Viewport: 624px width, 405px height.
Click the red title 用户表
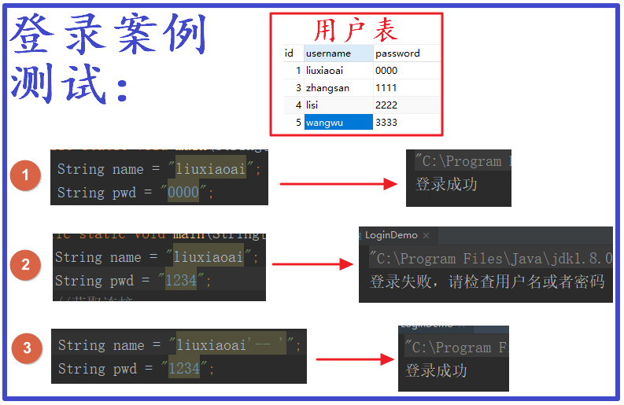(x=356, y=30)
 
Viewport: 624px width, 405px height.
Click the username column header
(x=328, y=53)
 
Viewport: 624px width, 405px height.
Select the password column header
(x=397, y=53)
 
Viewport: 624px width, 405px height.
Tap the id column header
(x=289, y=53)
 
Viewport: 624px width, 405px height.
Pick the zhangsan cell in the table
(x=327, y=87)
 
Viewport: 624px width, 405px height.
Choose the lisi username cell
(x=312, y=105)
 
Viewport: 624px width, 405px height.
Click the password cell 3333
(x=386, y=122)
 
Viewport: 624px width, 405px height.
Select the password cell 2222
(x=386, y=105)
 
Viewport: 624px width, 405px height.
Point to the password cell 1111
(x=386, y=87)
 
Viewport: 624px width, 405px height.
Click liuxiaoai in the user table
(x=324, y=70)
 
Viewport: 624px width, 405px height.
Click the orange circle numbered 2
(x=25, y=264)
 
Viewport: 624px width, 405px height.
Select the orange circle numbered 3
(x=27, y=348)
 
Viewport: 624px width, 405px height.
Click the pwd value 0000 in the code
(x=183, y=193)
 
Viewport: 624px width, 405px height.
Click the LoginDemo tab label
(x=391, y=235)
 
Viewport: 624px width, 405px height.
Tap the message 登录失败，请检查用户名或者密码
(x=486, y=282)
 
